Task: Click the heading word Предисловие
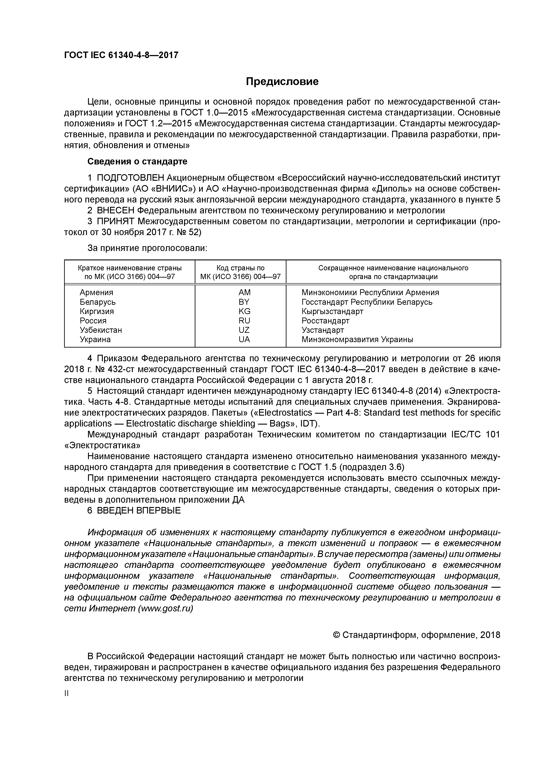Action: (282, 81)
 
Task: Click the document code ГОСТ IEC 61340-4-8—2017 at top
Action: (121, 55)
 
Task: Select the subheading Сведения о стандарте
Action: (137, 162)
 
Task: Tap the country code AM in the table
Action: (245, 293)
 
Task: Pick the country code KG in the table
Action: (245, 311)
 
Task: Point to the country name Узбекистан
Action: (101, 330)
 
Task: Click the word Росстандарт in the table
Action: (325, 321)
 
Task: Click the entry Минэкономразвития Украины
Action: (357, 339)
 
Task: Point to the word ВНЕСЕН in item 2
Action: (116, 210)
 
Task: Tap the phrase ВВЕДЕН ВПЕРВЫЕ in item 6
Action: (139, 510)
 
